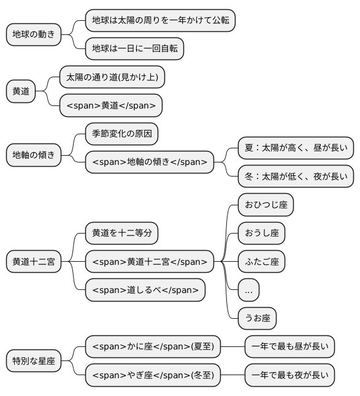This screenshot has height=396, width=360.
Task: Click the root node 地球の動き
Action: point(34,34)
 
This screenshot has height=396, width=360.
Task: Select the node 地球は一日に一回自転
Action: point(134,48)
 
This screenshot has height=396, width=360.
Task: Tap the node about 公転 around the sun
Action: point(160,20)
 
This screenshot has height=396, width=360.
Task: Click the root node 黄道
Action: point(21,91)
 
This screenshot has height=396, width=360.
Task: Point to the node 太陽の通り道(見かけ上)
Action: point(112,77)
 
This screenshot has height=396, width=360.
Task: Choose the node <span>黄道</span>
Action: point(111,105)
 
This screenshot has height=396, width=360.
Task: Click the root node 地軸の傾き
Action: point(34,155)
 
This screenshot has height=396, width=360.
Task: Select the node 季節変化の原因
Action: point(121,134)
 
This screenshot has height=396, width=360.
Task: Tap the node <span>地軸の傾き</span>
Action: point(150,162)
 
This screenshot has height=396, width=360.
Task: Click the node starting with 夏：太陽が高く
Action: point(296,148)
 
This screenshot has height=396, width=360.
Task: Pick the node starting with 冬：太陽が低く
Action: point(296,176)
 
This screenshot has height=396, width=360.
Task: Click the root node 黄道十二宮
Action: point(34,262)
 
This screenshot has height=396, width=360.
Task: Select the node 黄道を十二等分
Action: point(121,233)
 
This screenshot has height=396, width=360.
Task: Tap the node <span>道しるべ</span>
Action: point(145,290)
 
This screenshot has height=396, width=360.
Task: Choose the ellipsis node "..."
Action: point(248,290)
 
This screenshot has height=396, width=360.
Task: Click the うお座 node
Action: point(257,318)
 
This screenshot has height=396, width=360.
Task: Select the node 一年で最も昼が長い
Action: point(289,346)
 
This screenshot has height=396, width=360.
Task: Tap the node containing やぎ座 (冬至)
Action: point(153,375)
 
